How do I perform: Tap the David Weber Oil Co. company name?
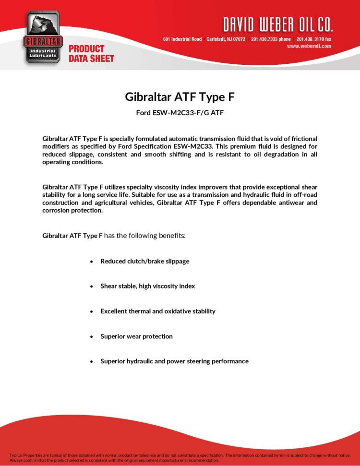[277, 24]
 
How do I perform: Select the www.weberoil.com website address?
[309, 46]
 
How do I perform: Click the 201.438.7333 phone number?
[270, 39]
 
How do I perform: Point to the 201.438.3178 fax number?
[313, 39]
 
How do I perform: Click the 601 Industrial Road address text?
[182, 39]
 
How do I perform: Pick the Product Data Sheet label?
[91, 53]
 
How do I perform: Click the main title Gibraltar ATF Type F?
[180, 97]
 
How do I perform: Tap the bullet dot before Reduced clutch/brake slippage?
[91, 262]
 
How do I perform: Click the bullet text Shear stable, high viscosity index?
[147, 286]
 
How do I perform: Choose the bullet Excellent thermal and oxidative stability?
[157, 311]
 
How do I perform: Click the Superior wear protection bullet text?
[136, 336]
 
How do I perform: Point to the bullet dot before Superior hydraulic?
[91, 361]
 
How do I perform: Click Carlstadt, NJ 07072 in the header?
[226, 39]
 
